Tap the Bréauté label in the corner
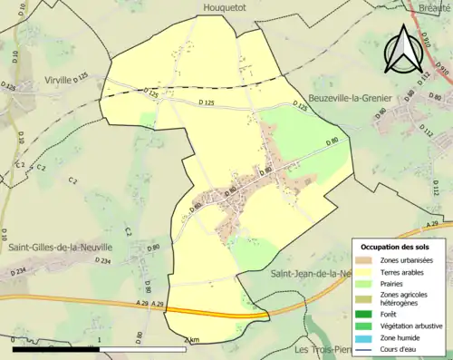434,6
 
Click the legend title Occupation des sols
400,246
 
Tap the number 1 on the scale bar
98,340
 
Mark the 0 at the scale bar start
12,340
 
